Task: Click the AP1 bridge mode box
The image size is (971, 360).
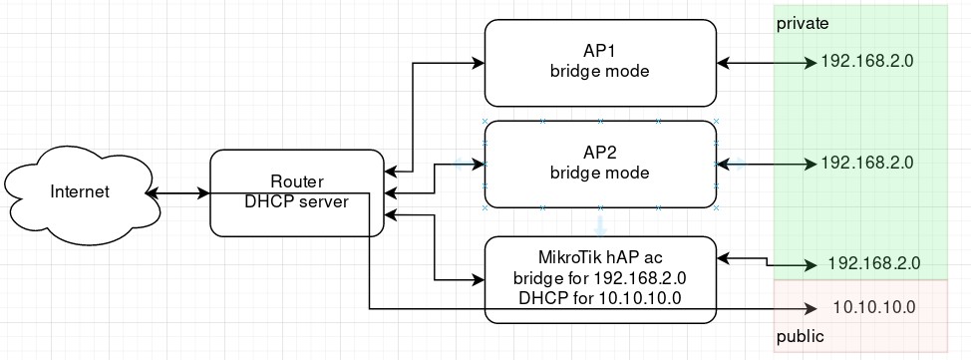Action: pyautogui.click(x=600, y=62)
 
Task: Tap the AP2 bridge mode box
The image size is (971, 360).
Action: pyautogui.click(x=600, y=164)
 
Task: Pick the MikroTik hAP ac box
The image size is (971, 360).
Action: pyautogui.click(x=600, y=279)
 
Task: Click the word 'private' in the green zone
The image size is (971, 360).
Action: pyautogui.click(x=803, y=22)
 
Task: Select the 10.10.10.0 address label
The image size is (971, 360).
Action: pyautogui.click(x=873, y=307)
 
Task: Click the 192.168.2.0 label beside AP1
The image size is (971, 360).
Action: pyautogui.click(x=866, y=62)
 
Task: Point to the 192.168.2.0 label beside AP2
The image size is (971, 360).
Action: pyautogui.click(x=866, y=163)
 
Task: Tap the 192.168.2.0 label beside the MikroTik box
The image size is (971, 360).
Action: pyautogui.click(x=873, y=265)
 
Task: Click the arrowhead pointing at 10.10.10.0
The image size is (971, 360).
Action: pyautogui.click(x=811, y=308)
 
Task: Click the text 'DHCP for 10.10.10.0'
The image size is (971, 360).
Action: pyautogui.click(x=600, y=298)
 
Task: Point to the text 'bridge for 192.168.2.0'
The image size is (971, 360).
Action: pyautogui.click(x=600, y=277)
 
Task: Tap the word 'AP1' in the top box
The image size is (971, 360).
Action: pyautogui.click(x=600, y=52)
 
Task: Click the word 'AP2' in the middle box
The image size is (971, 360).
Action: pyautogui.click(x=600, y=153)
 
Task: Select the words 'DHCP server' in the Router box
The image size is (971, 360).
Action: pyautogui.click(x=296, y=201)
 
